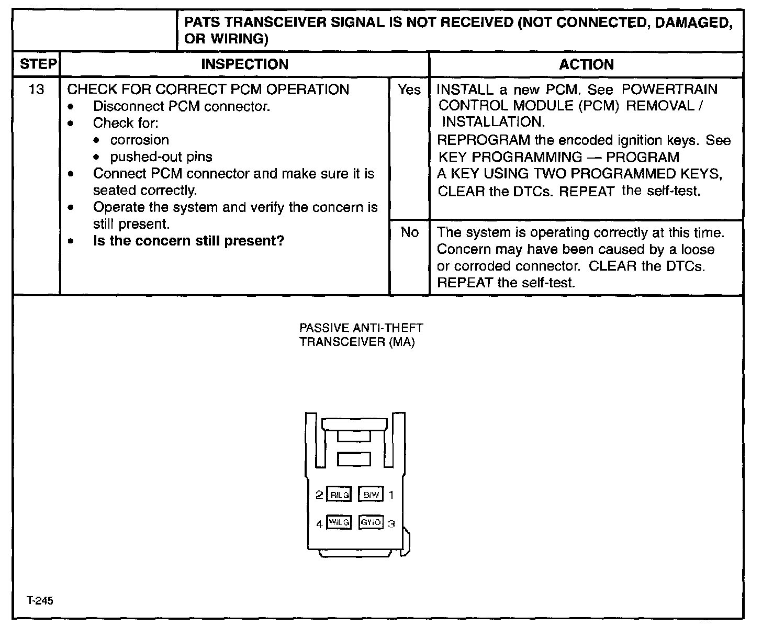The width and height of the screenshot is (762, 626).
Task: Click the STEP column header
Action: point(37,64)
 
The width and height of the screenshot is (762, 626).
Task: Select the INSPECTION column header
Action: point(244,64)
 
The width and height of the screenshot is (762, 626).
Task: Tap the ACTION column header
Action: point(586,64)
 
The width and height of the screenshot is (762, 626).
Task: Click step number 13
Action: point(36,90)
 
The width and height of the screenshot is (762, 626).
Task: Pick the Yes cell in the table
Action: point(409,90)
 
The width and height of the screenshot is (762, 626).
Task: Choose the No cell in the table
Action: point(409,232)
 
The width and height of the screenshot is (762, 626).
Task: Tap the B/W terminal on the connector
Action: point(371,495)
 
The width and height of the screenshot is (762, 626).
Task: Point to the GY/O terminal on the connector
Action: point(371,522)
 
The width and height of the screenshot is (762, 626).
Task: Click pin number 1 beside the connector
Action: point(391,495)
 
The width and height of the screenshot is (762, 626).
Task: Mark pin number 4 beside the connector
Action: point(319,523)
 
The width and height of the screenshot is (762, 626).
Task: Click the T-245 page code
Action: point(40,601)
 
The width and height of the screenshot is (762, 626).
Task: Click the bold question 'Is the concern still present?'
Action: point(188,241)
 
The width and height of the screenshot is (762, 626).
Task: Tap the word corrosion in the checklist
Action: point(139,140)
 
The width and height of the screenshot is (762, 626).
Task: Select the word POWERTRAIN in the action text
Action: point(669,89)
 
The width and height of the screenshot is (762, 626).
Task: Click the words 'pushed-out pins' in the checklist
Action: point(161,157)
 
